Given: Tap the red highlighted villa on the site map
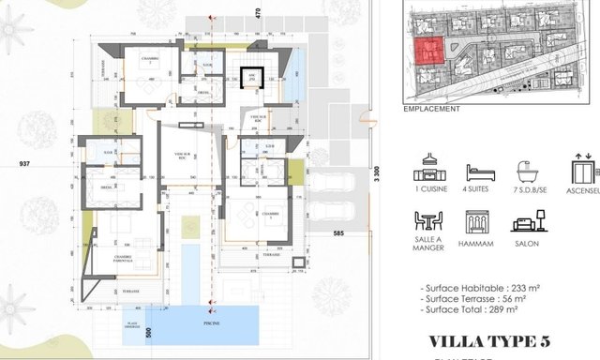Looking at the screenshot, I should coord(427,52).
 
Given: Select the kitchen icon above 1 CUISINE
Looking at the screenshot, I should coord(429,173).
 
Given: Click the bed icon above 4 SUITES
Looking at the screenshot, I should coord(481,173).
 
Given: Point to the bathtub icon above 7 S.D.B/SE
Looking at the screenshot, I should coord(533,173).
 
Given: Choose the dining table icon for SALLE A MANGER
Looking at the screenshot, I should coord(429,223).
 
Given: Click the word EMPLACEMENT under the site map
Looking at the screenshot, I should coord(431,109).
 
